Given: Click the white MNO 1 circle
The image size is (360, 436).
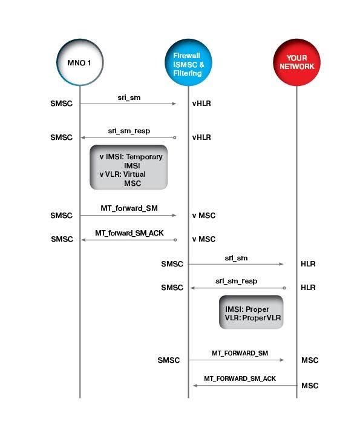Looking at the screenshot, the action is pos(80,62).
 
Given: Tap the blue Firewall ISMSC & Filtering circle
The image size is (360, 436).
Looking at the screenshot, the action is pos(188,62).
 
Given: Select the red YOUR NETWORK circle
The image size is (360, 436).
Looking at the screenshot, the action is pos(296,62).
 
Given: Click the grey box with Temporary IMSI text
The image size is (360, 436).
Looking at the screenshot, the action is pos(129,167).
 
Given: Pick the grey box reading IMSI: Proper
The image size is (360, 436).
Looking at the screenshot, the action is pos(251,312).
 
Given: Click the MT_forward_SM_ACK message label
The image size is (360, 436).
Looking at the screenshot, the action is pos(129,233).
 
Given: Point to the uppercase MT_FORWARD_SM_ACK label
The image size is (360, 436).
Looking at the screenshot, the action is pos(240,378).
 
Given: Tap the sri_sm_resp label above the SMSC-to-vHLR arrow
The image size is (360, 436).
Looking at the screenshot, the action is pos(129,131).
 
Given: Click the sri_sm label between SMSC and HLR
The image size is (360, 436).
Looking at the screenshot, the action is pos(236,258).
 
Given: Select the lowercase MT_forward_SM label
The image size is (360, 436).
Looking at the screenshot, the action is pos(129,208).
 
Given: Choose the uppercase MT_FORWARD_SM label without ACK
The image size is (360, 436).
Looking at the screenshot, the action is pos(240,353).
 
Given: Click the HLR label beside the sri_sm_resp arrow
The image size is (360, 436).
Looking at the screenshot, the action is pos(308,288).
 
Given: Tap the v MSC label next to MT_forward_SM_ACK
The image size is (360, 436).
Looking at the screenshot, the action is pos(204,239).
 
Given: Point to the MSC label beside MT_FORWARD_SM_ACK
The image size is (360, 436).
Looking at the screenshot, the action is pos(310,386).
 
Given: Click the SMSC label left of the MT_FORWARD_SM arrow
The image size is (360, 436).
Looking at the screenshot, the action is pos(169,360).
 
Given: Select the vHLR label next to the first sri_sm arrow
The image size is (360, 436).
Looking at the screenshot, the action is pos(201,104).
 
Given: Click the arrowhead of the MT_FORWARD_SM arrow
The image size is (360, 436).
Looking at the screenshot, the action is pos(281,360).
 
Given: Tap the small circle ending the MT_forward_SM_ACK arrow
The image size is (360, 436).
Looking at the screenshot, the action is pos(175,240).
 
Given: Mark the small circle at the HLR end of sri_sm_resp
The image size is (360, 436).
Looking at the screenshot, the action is pos(284,288).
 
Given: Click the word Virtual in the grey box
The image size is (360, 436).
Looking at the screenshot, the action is pos(134,174).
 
